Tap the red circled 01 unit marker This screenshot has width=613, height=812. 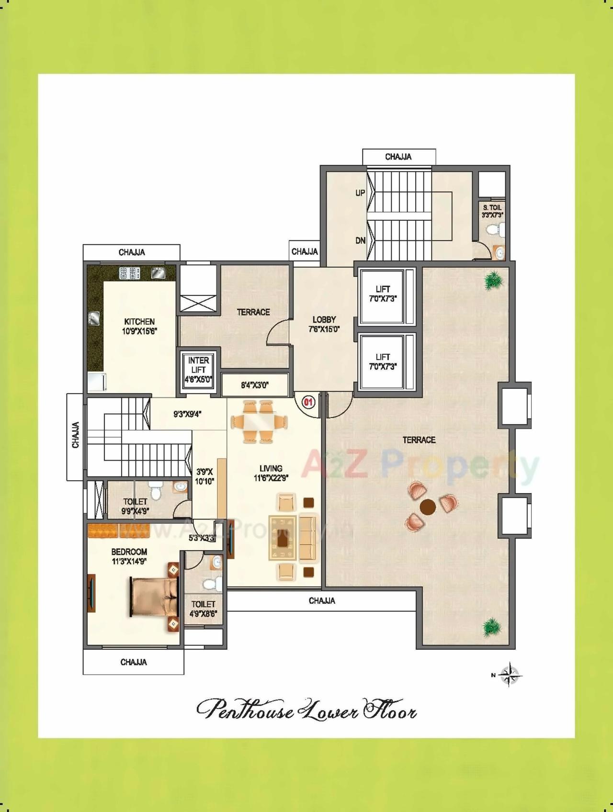click(308, 402)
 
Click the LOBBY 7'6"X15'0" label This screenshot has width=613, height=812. click(324, 324)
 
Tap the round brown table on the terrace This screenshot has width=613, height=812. click(427, 506)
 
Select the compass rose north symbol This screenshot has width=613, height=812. click(511, 675)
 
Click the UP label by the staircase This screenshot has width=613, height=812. click(360, 193)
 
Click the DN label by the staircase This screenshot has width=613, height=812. click(360, 241)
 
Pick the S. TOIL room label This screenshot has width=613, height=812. click(492, 211)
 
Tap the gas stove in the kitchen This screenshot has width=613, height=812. click(130, 273)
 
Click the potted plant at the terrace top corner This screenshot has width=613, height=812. click(492, 282)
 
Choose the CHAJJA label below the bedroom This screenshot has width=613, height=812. click(134, 662)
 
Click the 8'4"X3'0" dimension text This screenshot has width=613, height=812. click(255, 384)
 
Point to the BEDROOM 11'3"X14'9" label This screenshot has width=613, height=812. click(129, 556)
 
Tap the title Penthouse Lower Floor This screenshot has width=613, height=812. click(306, 710)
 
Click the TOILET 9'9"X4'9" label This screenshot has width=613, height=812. click(135, 506)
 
